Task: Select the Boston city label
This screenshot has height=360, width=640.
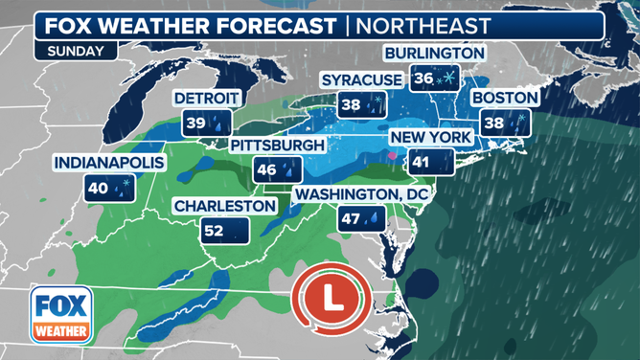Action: [506, 98]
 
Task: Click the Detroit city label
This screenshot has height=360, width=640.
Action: [203, 99]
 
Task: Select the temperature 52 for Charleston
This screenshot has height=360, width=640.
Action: [215, 231]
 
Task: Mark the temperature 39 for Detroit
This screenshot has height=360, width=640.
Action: [195, 124]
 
